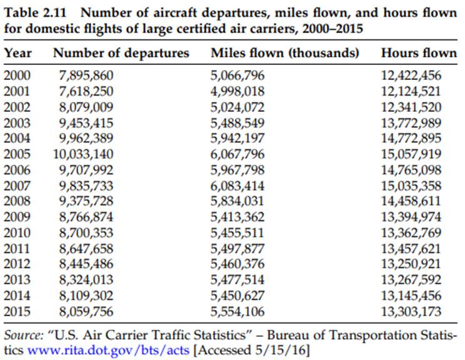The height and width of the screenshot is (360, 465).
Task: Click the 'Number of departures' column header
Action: click(121, 53)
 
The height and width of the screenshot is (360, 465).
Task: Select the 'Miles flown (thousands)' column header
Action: click(285, 53)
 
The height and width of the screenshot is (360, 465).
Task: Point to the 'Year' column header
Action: click(18, 53)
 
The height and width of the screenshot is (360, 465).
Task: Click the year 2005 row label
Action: click(17, 154)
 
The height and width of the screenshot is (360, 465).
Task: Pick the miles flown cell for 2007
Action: click(238, 186)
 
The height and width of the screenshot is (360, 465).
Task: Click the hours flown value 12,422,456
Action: click(411, 76)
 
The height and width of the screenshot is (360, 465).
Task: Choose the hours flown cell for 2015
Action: click(411, 311)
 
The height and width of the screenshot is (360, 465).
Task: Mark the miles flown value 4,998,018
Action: click(238, 91)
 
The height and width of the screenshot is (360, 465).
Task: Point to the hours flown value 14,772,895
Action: click(411, 138)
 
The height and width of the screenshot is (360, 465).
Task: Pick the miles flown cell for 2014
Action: click(238, 296)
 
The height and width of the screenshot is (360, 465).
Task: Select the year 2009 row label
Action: click(17, 217)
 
